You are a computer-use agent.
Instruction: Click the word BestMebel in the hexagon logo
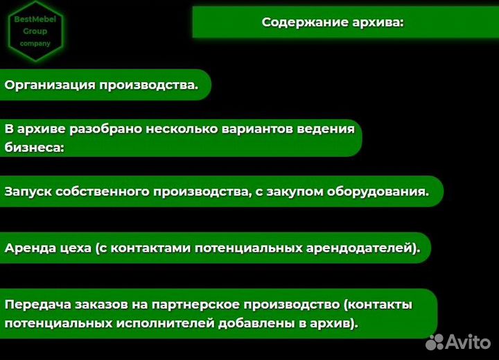[x=35, y=19]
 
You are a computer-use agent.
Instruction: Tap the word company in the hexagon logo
[x=35, y=43]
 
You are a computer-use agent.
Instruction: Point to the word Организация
[x=50, y=85]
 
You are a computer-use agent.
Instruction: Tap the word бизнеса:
[x=34, y=147]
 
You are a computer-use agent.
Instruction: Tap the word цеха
[x=75, y=248]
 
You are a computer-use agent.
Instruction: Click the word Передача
[x=35, y=305]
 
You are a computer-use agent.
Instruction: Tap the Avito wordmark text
[x=468, y=341]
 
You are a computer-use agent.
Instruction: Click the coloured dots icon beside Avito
[x=435, y=341]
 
